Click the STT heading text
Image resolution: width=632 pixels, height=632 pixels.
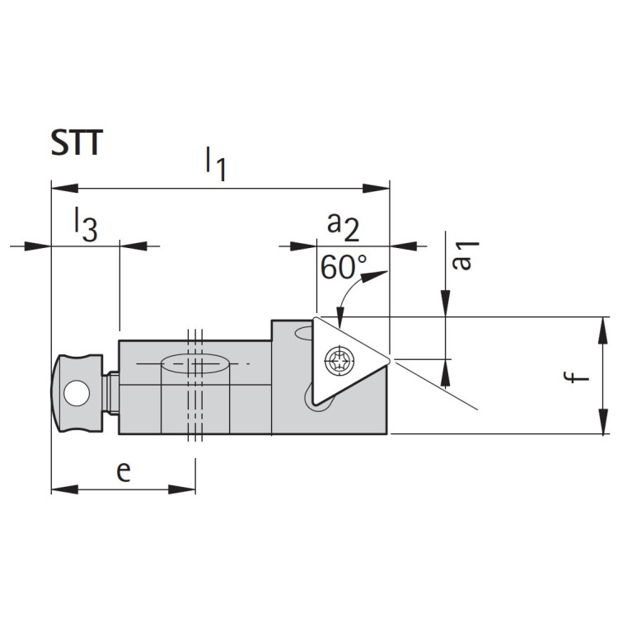click(76, 143)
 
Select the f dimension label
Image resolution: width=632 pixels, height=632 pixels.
click(581, 377)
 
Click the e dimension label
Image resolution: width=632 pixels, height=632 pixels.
click(123, 471)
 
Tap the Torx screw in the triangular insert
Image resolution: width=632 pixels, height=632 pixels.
click(336, 360)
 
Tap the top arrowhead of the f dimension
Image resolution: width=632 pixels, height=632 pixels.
click(604, 325)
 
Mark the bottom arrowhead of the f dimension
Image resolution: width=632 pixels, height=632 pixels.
click(604, 425)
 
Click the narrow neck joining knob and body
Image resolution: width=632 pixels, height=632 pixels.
click(112, 394)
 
